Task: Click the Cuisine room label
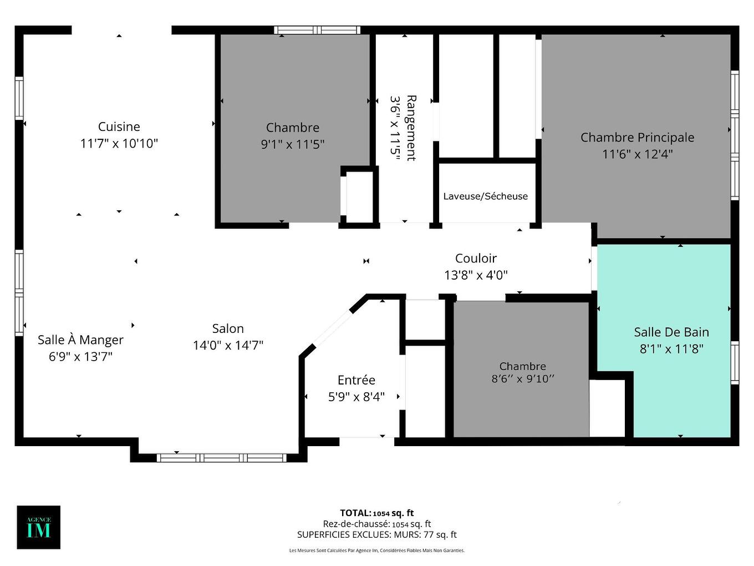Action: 119,127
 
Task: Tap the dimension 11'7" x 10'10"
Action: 119,144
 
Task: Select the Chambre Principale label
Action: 637,137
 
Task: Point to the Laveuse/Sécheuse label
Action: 486,196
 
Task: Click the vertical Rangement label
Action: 411,128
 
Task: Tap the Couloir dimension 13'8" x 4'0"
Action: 476,275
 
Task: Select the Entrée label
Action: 356,380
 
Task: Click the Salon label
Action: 228,329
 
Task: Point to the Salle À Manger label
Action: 80,340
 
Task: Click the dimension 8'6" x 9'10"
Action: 523,379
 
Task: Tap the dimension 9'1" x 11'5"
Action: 293,144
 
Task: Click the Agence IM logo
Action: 39,527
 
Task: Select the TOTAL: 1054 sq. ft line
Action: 377,513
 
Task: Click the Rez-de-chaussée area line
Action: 377,524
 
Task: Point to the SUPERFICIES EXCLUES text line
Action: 377,535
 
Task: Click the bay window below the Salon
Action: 222,458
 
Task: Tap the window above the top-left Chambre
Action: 317,30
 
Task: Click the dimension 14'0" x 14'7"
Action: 228,345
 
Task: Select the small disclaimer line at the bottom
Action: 377,550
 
